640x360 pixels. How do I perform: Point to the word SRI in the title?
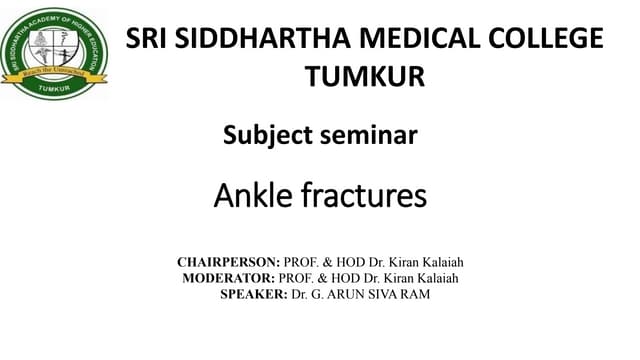point(146,39)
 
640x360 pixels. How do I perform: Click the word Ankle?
point(253,196)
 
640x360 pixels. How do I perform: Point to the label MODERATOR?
point(233,278)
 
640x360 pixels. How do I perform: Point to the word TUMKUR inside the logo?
point(54,88)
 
